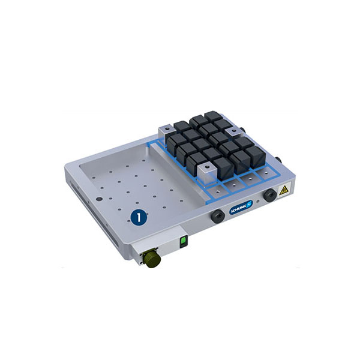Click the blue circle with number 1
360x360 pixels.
pos(139,217)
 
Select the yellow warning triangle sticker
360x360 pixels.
pos(284,190)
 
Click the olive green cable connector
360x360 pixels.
pos(152,259)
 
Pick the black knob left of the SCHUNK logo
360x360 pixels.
pos(218,216)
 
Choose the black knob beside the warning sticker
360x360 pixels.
pos(270,195)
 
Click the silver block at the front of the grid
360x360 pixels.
pos(205,173)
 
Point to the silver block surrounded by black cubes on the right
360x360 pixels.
pos(233,133)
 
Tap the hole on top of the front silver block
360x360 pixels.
pos(208,166)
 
